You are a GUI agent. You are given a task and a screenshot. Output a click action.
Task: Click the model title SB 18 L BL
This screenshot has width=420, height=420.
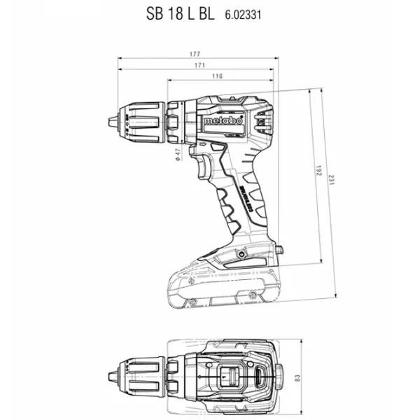181,14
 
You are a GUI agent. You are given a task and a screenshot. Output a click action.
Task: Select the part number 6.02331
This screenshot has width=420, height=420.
243,15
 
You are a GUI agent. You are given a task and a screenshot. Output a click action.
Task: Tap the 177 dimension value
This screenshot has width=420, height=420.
195,54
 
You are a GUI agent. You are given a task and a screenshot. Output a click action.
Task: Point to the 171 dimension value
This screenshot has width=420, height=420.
199,65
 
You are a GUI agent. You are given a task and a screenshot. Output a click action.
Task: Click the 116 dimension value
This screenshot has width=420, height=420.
217,76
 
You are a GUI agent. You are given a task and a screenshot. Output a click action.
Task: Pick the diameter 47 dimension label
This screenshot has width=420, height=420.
178,155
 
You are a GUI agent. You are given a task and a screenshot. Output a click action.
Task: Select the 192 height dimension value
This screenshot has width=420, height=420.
318,171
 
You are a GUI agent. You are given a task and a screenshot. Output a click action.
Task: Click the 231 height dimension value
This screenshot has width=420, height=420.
332,180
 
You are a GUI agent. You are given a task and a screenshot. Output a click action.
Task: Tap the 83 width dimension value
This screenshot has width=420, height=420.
297,378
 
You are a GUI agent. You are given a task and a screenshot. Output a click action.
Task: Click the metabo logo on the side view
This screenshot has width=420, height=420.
223,120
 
